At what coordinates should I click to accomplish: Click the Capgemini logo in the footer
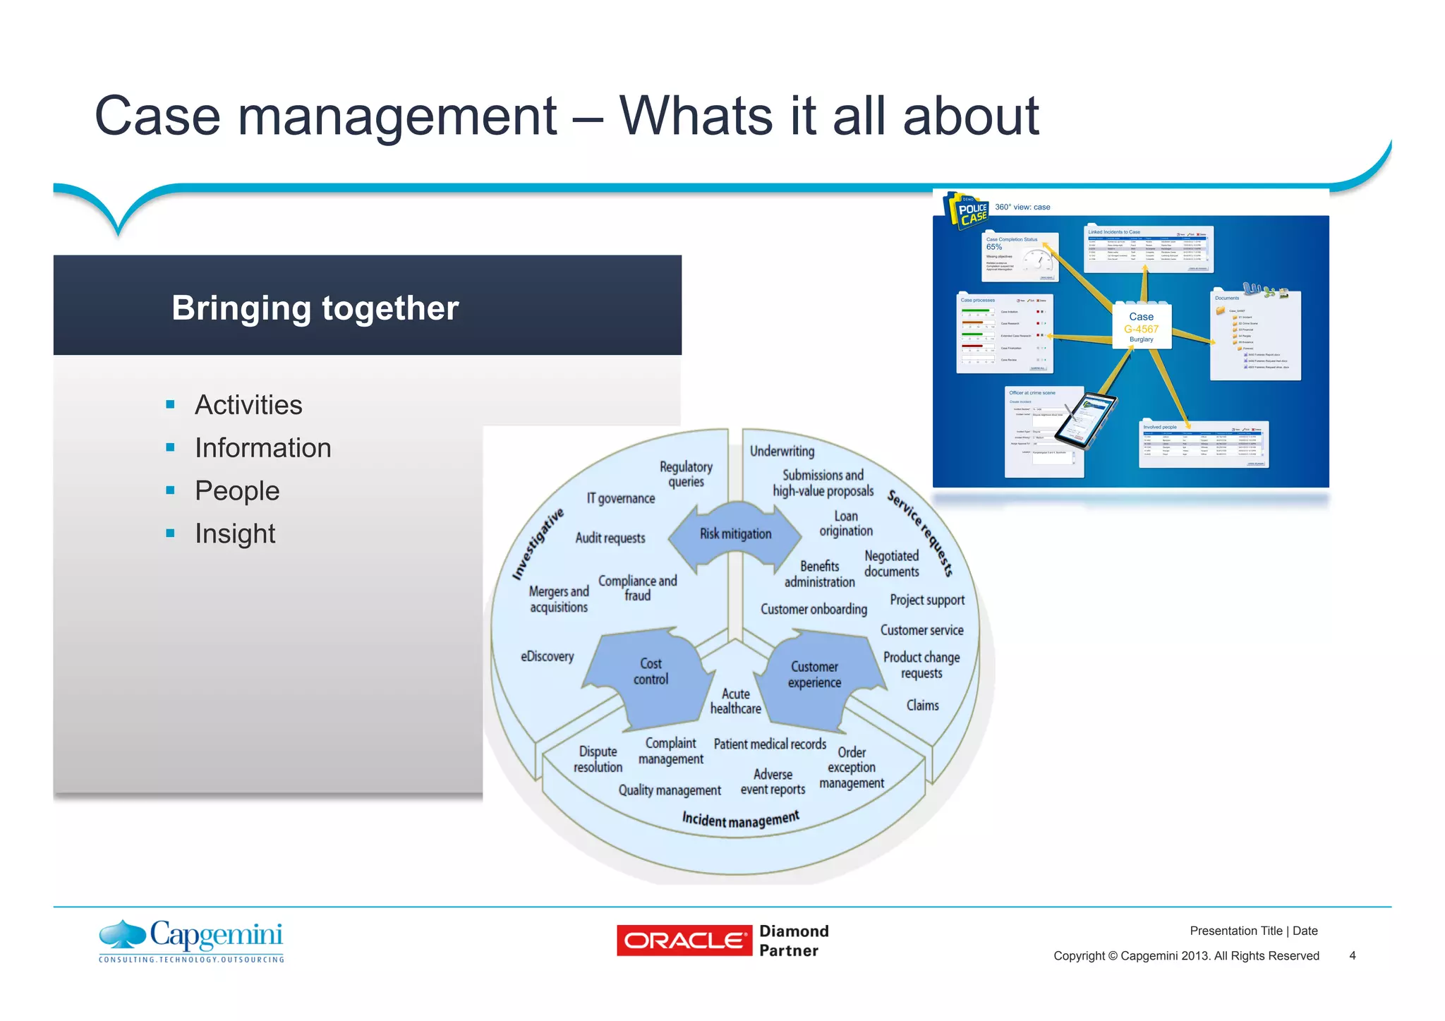[x=191, y=941]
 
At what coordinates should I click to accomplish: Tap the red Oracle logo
[x=684, y=941]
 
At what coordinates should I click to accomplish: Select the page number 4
[x=1352, y=955]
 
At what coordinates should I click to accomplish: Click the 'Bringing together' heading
[x=315, y=308]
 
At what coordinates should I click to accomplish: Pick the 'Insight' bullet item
[x=235, y=533]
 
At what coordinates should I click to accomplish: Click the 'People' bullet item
[x=237, y=490]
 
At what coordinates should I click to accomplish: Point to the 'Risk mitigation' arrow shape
[x=735, y=535]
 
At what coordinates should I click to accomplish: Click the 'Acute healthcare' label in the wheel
[x=736, y=701]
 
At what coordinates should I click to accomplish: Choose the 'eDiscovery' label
[x=547, y=656]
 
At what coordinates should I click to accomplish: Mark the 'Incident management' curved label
[x=740, y=819]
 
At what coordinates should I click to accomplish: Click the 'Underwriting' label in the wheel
[x=782, y=451]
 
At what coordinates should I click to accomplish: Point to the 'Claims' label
[x=922, y=705]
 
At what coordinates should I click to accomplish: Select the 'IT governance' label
[x=621, y=498]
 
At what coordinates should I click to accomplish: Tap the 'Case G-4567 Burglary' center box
[x=1141, y=327]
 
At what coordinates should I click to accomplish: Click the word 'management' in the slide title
[x=397, y=116]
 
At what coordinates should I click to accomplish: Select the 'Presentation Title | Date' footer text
[x=1253, y=931]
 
